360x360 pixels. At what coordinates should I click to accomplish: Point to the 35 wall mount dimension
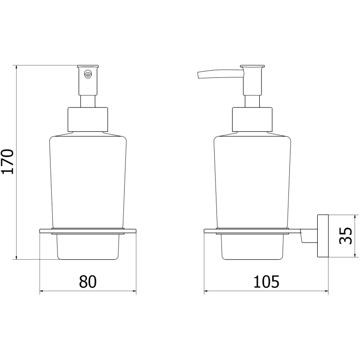pyautogui.click(x=345, y=235)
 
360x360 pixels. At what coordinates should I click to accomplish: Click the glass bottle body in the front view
pyautogui.click(x=88, y=180)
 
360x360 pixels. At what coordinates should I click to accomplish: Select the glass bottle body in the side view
pyautogui.click(x=252, y=180)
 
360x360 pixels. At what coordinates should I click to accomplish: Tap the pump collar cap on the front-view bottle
pyautogui.click(x=88, y=119)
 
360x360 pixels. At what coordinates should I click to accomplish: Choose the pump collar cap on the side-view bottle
pyautogui.click(x=252, y=119)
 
